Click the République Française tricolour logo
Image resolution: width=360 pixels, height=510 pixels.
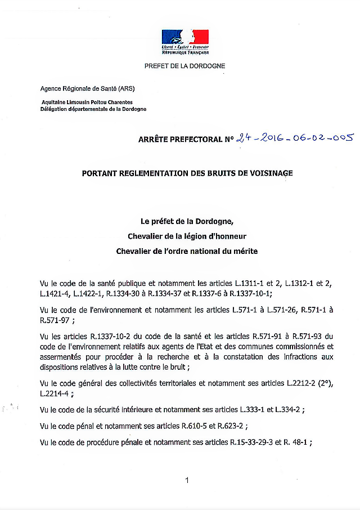(185, 41)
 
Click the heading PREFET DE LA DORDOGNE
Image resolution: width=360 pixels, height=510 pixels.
(184, 66)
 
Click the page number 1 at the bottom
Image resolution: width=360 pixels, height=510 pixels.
(186, 480)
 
